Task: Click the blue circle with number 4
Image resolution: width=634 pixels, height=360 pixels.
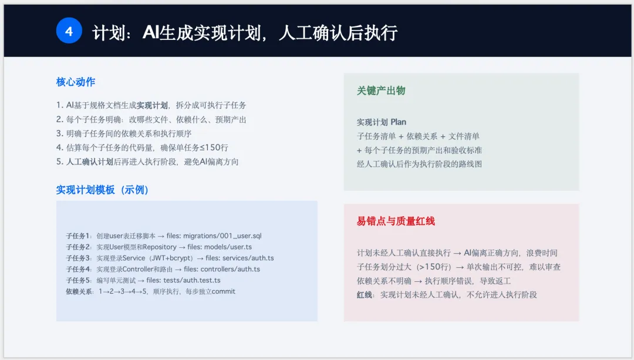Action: pos(69,31)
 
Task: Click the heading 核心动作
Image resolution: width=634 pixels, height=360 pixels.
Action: pos(76,82)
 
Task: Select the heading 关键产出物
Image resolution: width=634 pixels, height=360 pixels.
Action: pos(381,90)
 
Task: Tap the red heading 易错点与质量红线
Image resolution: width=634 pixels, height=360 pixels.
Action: pos(396,221)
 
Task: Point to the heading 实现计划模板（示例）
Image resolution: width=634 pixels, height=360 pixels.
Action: pos(102,190)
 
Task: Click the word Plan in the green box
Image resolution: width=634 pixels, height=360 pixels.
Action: pos(398,122)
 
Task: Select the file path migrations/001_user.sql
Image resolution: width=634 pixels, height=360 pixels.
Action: pos(222,236)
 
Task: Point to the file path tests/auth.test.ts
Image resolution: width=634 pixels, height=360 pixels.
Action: pos(192,280)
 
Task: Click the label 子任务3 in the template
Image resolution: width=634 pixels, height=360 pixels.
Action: pos(79,258)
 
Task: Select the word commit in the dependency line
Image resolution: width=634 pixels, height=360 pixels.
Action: pos(223,291)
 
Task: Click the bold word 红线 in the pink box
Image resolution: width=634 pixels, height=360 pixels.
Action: pos(365,295)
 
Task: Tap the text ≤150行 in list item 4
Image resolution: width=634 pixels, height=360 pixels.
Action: pos(214,147)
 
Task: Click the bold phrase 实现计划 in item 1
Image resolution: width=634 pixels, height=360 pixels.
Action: pos(152,106)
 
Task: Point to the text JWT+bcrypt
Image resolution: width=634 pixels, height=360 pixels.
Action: pos(172,258)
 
